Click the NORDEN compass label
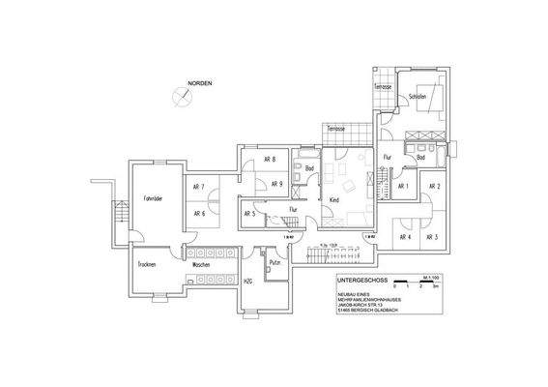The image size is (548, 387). pos(200,84)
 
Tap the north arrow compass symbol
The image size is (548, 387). pos(180,96)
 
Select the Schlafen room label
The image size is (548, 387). pos(418,98)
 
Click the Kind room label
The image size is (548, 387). pos(333,199)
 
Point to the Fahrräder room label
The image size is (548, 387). pos(153,198)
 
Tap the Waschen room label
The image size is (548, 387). pos(201,264)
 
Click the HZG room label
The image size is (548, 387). pos(247,283)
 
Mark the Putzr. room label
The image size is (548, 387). pos(274,262)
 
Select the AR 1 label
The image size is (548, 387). pos(404,186)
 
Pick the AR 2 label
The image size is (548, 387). pos(434,186)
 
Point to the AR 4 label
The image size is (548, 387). pos(403,237)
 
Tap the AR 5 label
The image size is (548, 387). pos(249,214)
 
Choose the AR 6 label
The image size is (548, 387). pos(198,214)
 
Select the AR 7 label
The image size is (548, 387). pos(198,186)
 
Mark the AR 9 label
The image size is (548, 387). pos(276,184)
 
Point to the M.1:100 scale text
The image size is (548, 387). pos(428,279)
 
